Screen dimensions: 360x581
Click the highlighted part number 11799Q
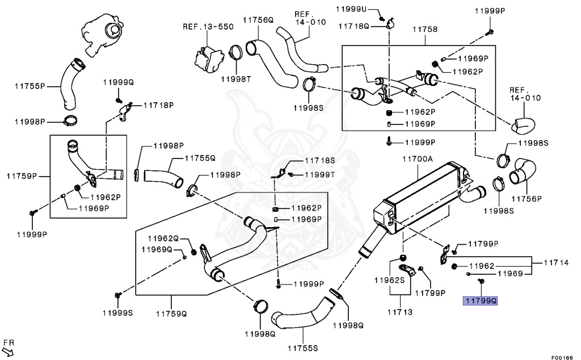pos(481,301)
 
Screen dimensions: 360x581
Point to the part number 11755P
pos(30,87)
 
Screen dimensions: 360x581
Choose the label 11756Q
pos(258,20)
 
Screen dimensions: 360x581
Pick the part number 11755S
pos(302,348)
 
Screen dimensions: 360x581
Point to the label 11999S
pos(117,312)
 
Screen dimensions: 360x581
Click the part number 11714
pos(556,262)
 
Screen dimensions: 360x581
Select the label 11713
pos(400,312)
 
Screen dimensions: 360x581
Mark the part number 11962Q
pos(163,238)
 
